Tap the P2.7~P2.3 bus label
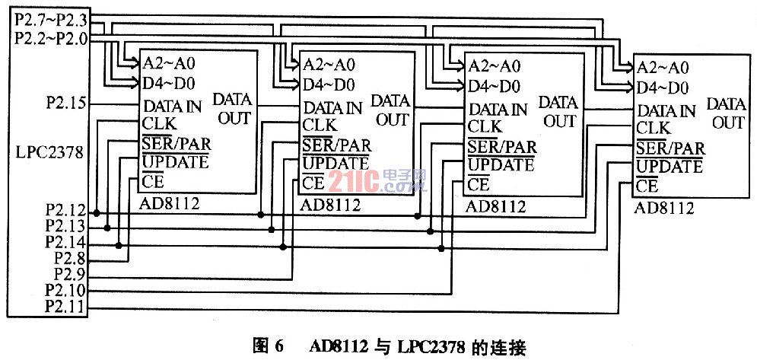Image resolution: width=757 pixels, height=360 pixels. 51,21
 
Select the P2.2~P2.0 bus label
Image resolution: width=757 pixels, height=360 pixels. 51,38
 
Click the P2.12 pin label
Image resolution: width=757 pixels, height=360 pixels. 66,211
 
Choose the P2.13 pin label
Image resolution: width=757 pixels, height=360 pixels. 66,226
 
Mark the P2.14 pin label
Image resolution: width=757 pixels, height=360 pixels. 66,242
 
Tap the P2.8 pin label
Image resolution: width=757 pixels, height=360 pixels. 71,258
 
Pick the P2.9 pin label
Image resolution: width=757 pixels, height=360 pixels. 71,274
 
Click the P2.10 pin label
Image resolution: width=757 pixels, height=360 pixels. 66,291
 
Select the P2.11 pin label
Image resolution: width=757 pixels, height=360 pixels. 66,307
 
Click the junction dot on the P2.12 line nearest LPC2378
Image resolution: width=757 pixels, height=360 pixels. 97,212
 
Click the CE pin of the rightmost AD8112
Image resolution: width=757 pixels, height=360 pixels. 647,186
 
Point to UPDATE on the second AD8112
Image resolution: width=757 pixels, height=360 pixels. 335,164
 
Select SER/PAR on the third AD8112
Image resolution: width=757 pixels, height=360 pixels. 502,145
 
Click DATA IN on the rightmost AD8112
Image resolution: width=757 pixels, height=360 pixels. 666,110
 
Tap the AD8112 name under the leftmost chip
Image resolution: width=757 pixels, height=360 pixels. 168,204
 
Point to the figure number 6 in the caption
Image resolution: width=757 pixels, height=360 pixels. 278,347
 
